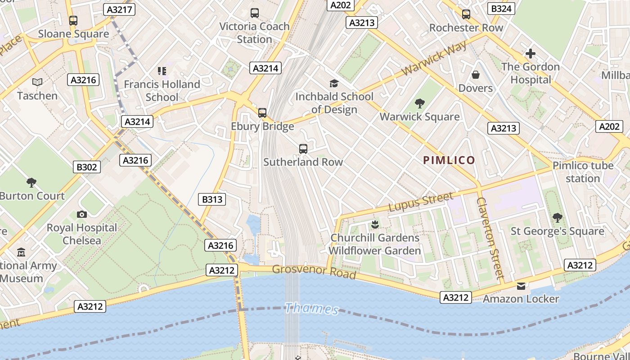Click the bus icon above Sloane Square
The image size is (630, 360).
click(73, 21)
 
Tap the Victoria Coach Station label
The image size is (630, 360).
click(254, 32)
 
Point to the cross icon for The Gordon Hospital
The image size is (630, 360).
click(530, 54)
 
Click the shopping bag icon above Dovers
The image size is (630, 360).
click(476, 75)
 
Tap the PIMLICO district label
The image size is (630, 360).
click(449, 160)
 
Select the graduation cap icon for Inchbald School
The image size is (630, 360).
click(334, 83)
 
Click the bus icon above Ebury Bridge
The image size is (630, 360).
click(262, 113)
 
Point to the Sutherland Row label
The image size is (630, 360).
click(303, 162)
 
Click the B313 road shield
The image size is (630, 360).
click(211, 199)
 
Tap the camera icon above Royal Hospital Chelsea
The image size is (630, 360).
click(82, 214)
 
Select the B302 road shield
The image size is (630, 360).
click(87, 167)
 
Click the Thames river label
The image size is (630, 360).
click(312, 309)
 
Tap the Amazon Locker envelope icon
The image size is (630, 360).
click(521, 286)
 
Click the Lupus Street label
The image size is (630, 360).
click(421, 202)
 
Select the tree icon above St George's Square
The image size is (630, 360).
click(557, 218)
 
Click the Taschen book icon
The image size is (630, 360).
click(37, 82)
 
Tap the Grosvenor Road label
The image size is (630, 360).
click(314, 272)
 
